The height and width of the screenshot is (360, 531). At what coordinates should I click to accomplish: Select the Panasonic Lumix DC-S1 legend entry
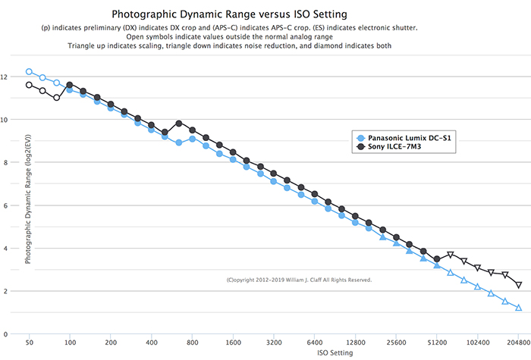pos(410,137)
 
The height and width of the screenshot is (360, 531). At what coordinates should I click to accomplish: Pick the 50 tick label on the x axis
pos(29,343)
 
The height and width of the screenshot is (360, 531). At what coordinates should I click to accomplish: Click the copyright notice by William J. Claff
pos(299,280)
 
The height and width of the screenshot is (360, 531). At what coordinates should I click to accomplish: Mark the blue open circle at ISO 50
pos(29,71)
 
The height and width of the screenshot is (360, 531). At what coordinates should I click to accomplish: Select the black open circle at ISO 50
pos(29,85)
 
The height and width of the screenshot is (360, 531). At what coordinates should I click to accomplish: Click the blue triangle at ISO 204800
pos(519,308)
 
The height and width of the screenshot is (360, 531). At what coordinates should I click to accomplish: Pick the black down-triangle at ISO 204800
pos(519,285)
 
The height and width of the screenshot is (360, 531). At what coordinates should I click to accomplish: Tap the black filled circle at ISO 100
pos(70,85)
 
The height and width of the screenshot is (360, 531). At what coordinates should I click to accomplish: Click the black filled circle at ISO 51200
pos(437,259)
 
